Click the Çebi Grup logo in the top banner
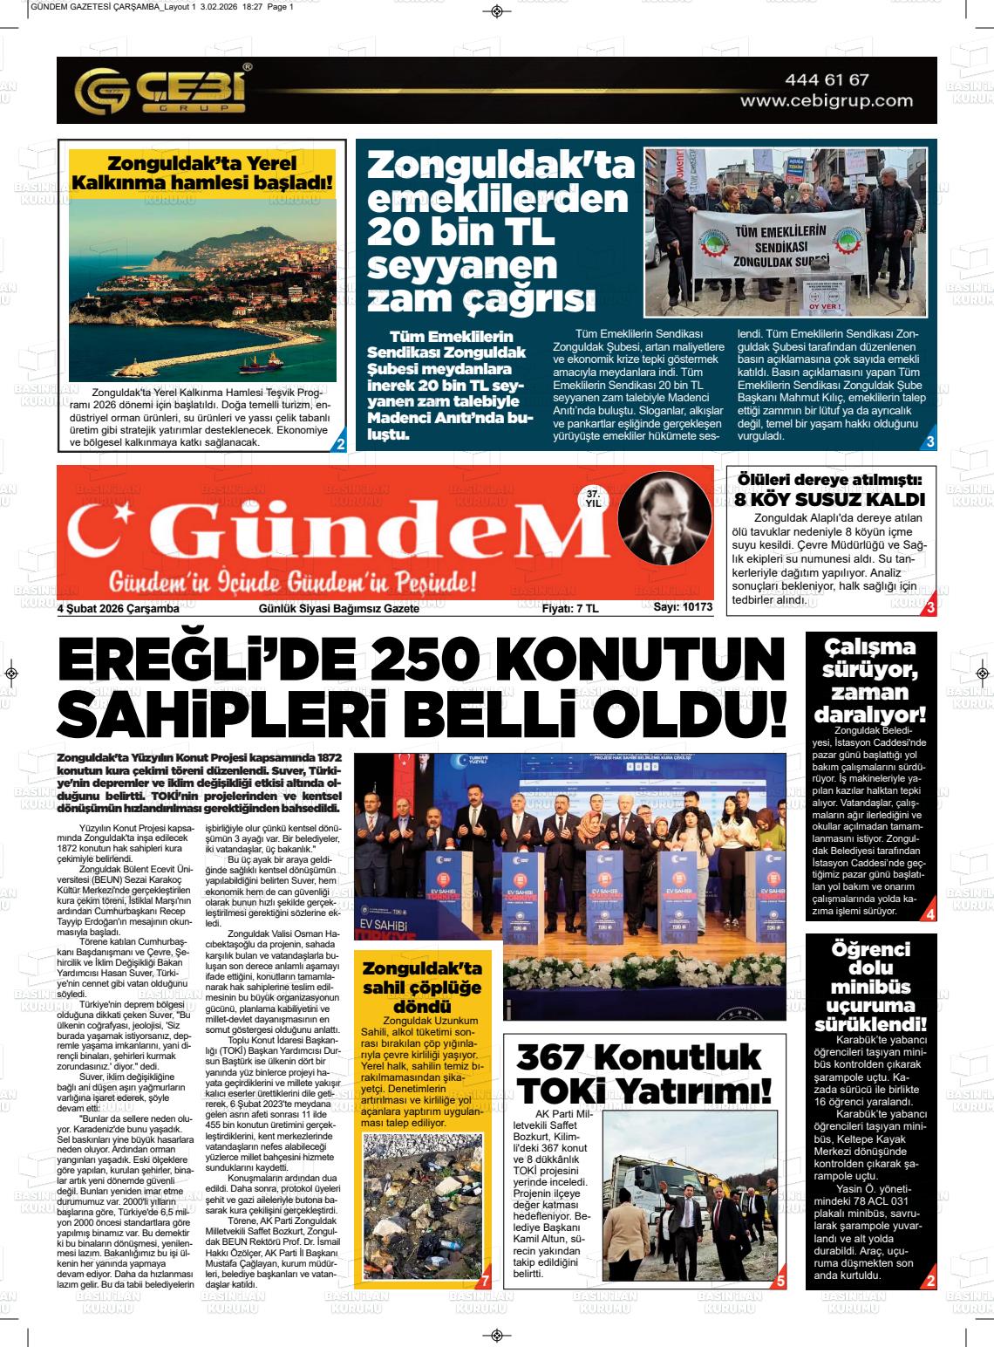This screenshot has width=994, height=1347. coord(161,90)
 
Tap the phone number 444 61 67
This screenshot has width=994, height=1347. coord(827,79)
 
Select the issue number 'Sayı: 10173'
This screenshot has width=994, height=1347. coord(683,607)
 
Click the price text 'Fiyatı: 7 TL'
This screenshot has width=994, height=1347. coord(570,608)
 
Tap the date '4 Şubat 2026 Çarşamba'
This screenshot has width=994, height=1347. coord(118,608)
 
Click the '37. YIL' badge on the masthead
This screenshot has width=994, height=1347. coord(594,498)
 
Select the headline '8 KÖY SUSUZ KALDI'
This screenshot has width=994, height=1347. coord(829,500)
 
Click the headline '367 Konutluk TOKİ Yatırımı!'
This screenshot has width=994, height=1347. coord(643,1074)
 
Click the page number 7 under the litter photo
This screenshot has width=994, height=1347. coord(485,1282)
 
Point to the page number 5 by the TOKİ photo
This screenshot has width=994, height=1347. coord(780,1282)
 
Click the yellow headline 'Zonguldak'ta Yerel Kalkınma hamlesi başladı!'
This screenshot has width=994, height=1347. coord(201,173)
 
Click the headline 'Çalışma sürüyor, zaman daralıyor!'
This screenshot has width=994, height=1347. coord(869,680)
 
